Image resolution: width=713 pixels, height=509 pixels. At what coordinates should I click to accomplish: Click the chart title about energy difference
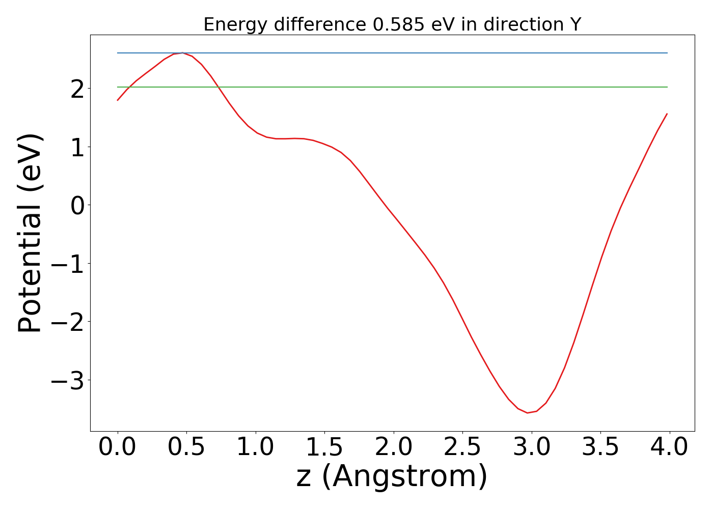pos(392,24)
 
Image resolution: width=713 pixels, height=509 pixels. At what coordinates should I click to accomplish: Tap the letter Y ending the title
pos(575,24)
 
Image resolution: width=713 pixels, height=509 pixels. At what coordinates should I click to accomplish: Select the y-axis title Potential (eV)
pos(31,233)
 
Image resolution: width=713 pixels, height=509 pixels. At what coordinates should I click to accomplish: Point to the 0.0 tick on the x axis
pos(117,447)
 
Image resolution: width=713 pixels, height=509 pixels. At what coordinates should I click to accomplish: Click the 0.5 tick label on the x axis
pos(186,447)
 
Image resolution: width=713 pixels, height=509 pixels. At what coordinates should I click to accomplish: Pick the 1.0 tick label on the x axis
pos(255,447)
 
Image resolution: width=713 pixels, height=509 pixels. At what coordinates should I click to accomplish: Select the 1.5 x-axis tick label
pos(324,447)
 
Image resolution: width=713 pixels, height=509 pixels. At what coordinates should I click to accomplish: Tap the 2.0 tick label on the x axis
pos(394,447)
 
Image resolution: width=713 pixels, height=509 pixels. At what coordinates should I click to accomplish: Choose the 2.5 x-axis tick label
pos(462,447)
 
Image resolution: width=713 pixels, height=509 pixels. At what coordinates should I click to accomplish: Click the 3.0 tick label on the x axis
pos(532,447)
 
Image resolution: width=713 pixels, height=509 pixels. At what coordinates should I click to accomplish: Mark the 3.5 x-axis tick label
pos(600,447)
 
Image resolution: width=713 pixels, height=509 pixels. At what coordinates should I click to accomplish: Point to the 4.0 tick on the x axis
pos(670,447)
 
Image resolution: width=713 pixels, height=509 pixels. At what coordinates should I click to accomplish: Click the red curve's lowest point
pos(527,413)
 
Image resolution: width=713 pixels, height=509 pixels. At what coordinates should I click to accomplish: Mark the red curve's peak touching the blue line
pos(182,53)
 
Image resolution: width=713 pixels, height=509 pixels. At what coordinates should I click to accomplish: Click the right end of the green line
pos(667,87)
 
